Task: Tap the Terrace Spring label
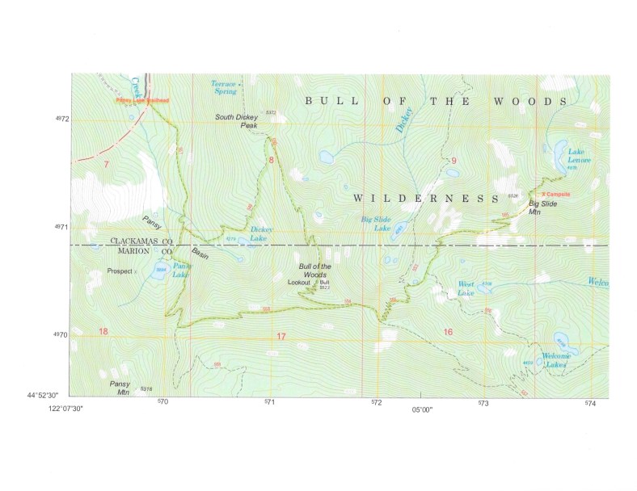[x=224, y=87]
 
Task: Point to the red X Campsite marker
[x=555, y=195]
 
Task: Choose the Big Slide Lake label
[x=376, y=223]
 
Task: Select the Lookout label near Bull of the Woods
[x=300, y=282]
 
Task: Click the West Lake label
[x=466, y=288]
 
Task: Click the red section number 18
[x=103, y=332]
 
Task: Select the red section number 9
[x=454, y=161]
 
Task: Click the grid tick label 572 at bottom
[x=376, y=402]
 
